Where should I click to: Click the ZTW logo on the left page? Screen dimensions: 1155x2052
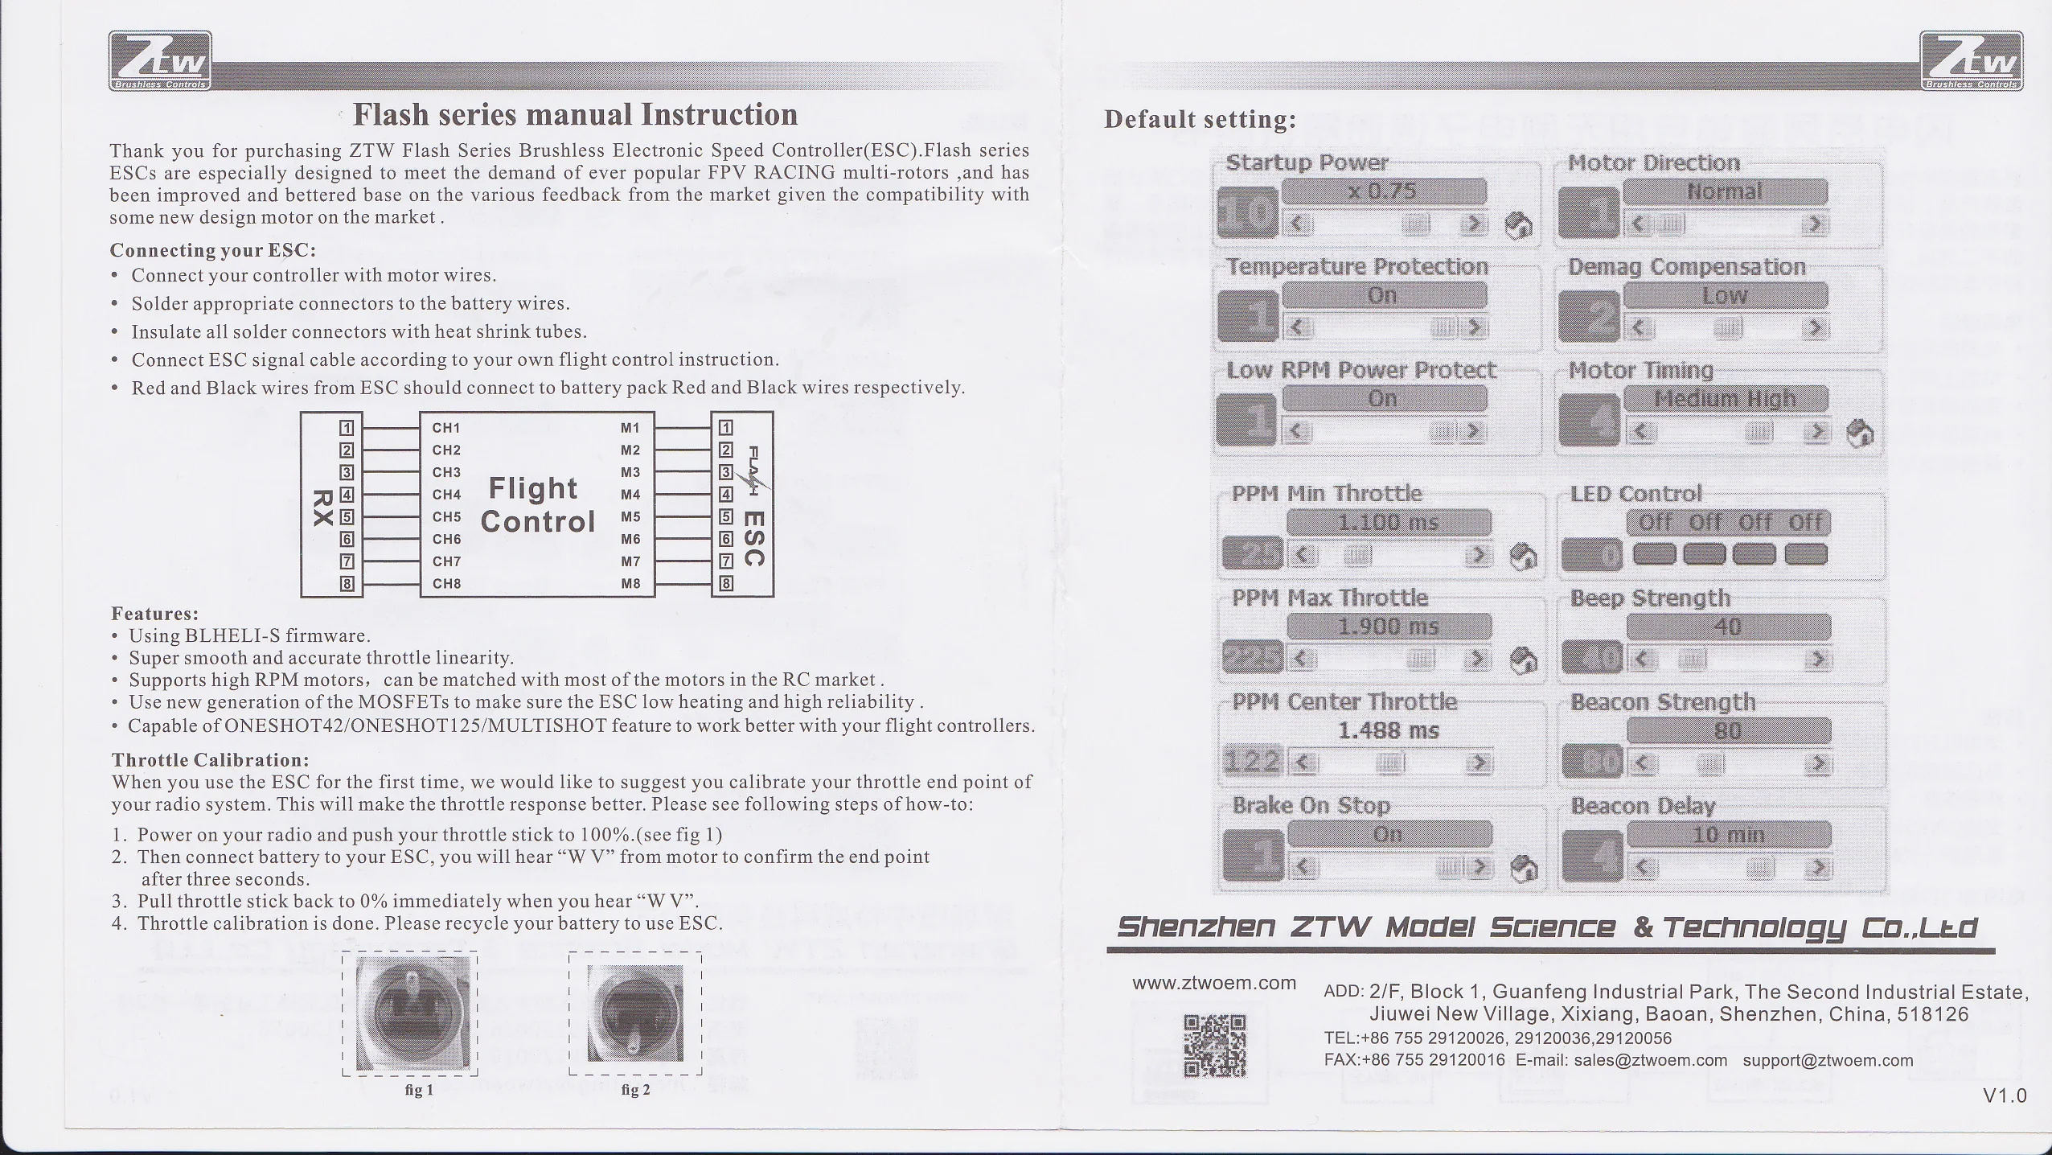(161, 60)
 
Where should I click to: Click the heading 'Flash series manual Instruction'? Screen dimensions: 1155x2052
(576, 115)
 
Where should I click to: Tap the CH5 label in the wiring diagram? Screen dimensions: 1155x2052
(446, 517)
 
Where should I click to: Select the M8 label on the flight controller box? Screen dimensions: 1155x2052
(630, 584)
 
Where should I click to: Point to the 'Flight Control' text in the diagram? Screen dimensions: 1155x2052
(537, 505)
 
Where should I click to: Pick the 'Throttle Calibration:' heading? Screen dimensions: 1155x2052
(211, 760)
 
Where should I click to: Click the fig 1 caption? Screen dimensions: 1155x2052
(419, 1091)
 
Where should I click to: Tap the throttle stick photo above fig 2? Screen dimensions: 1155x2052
(635, 1013)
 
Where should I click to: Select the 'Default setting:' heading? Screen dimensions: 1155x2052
(1200, 120)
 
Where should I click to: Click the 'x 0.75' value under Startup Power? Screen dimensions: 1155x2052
(1383, 191)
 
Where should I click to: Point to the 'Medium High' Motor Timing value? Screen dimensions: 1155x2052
(1726, 399)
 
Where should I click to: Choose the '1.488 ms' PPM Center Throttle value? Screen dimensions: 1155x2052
(1389, 731)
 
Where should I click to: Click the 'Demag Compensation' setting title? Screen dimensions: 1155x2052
(1687, 267)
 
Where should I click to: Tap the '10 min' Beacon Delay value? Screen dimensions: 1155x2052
(1729, 835)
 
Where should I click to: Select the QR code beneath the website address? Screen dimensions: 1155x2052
(1215, 1046)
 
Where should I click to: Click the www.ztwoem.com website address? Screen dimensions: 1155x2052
(1214, 983)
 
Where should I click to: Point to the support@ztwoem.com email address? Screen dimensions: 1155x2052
(1828, 1060)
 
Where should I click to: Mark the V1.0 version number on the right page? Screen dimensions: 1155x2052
(2004, 1095)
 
